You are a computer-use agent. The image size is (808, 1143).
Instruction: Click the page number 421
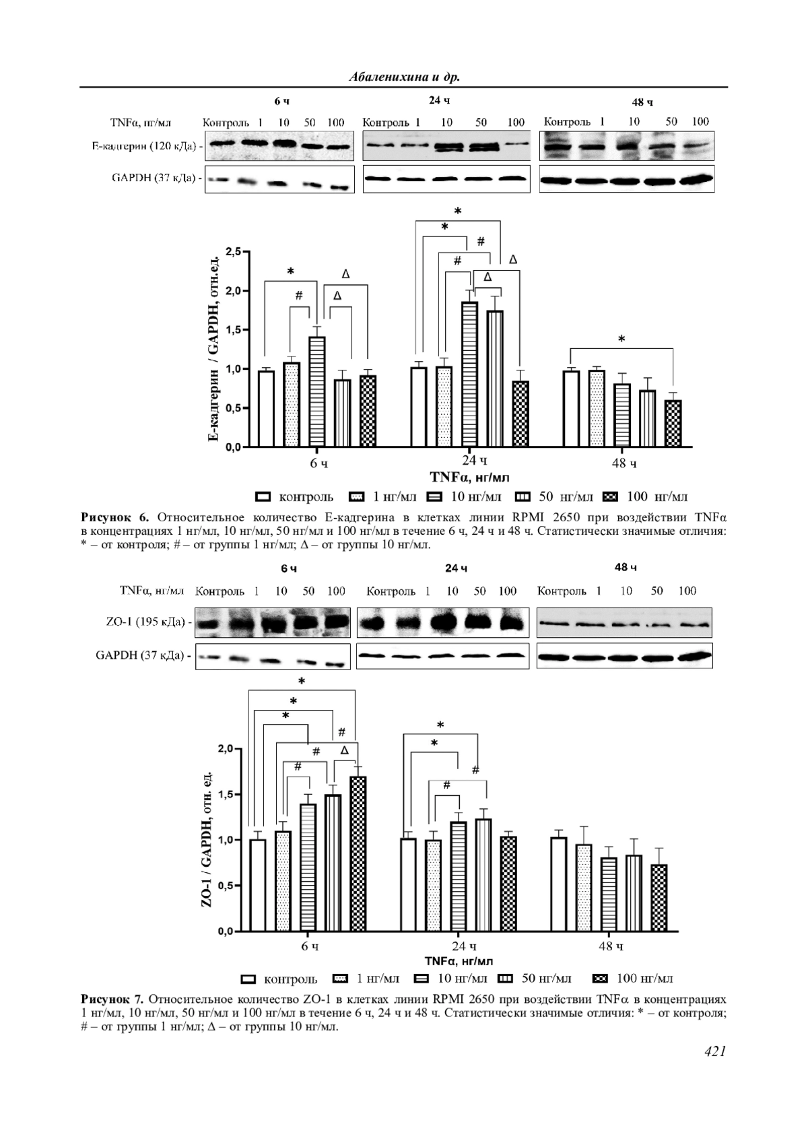[x=714, y=1051]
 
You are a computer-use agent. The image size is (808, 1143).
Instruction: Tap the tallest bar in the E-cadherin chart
[x=469, y=374]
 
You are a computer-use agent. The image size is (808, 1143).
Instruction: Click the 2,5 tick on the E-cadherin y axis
[x=233, y=252]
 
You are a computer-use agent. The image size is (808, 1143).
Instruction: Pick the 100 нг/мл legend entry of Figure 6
[x=646, y=497]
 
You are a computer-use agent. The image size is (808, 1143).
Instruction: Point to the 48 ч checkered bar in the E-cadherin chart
[x=673, y=423]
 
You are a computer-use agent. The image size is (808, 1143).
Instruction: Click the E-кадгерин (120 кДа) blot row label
[x=146, y=145]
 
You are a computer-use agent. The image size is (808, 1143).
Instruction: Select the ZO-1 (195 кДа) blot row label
[x=145, y=622]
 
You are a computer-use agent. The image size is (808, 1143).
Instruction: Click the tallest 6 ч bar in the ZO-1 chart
[x=358, y=853]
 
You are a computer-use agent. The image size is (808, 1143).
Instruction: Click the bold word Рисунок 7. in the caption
[x=112, y=998]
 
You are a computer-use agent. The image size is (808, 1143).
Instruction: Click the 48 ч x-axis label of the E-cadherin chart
[x=624, y=463]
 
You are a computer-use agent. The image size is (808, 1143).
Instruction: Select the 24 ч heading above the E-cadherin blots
[x=439, y=100]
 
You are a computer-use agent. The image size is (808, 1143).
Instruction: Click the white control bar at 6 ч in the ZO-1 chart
[x=257, y=885]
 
